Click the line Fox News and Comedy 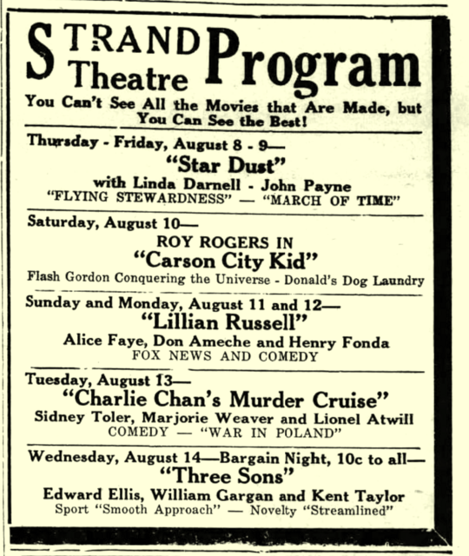(x=236, y=356)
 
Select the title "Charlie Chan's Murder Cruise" (x=235, y=400)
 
